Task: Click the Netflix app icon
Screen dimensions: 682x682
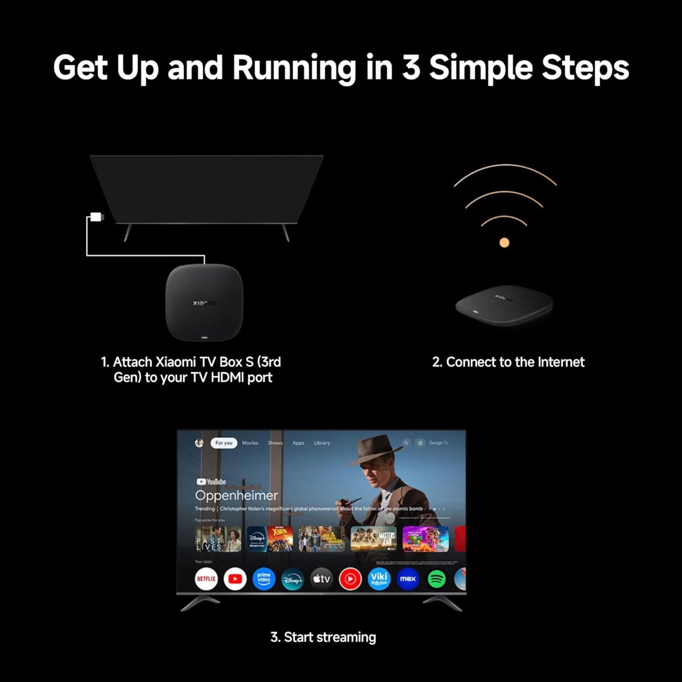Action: click(206, 579)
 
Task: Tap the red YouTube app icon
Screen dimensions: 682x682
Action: click(235, 579)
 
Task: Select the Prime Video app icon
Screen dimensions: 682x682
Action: click(264, 579)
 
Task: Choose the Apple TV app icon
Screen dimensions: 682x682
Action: click(322, 579)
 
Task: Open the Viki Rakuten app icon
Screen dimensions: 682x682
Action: click(379, 579)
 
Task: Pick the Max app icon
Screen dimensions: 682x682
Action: click(408, 579)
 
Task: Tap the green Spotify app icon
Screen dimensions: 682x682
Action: click(436, 579)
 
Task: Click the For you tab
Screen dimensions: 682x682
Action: click(224, 443)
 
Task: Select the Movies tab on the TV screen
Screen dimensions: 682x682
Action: click(250, 443)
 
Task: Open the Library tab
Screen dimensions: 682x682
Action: click(322, 443)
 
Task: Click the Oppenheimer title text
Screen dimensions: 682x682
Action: click(236, 495)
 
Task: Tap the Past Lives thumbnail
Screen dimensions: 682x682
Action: click(218, 539)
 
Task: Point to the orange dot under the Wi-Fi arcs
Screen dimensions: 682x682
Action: click(504, 242)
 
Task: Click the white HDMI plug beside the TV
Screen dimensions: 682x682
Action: click(96, 217)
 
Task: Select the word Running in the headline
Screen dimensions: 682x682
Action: click(294, 68)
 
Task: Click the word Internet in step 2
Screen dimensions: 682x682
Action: click(561, 362)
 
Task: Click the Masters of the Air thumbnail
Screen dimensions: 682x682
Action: click(374, 539)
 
